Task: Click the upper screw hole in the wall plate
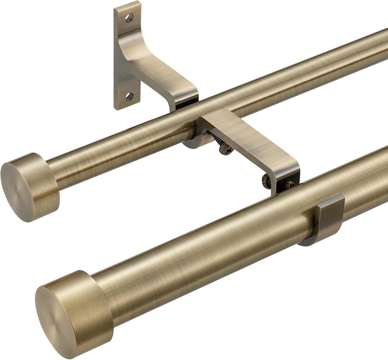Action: tap(129, 17)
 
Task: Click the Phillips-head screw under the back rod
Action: tap(225, 149)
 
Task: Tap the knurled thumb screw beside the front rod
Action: tap(266, 181)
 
